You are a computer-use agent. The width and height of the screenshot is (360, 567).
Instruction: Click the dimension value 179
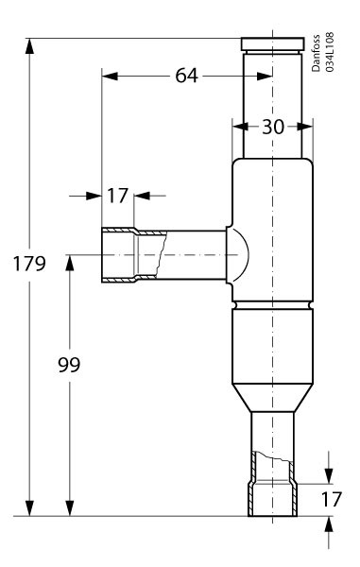29,264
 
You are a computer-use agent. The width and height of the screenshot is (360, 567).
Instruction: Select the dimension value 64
186,76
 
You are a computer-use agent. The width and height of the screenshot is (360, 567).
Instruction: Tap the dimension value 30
273,127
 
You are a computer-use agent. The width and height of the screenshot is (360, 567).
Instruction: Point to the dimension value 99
69,365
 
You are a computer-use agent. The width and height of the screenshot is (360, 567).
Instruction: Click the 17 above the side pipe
117,196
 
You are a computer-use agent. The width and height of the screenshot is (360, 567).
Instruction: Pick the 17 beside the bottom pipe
331,499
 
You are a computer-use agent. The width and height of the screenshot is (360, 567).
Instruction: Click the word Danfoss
316,53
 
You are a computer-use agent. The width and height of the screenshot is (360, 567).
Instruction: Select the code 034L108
329,52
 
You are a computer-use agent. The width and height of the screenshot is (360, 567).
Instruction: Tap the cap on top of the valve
272,44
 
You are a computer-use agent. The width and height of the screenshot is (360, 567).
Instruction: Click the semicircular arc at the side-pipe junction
248,255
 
